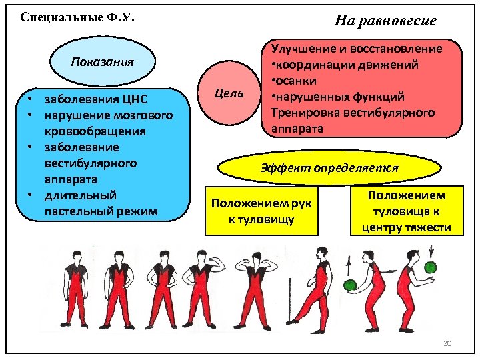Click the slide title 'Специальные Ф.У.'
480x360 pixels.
pyautogui.click(x=78, y=17)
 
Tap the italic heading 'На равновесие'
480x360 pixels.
pyautogui.click(x=385, y=21)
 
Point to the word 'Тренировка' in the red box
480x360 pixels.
pyautogui.click(x=303, y=112)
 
